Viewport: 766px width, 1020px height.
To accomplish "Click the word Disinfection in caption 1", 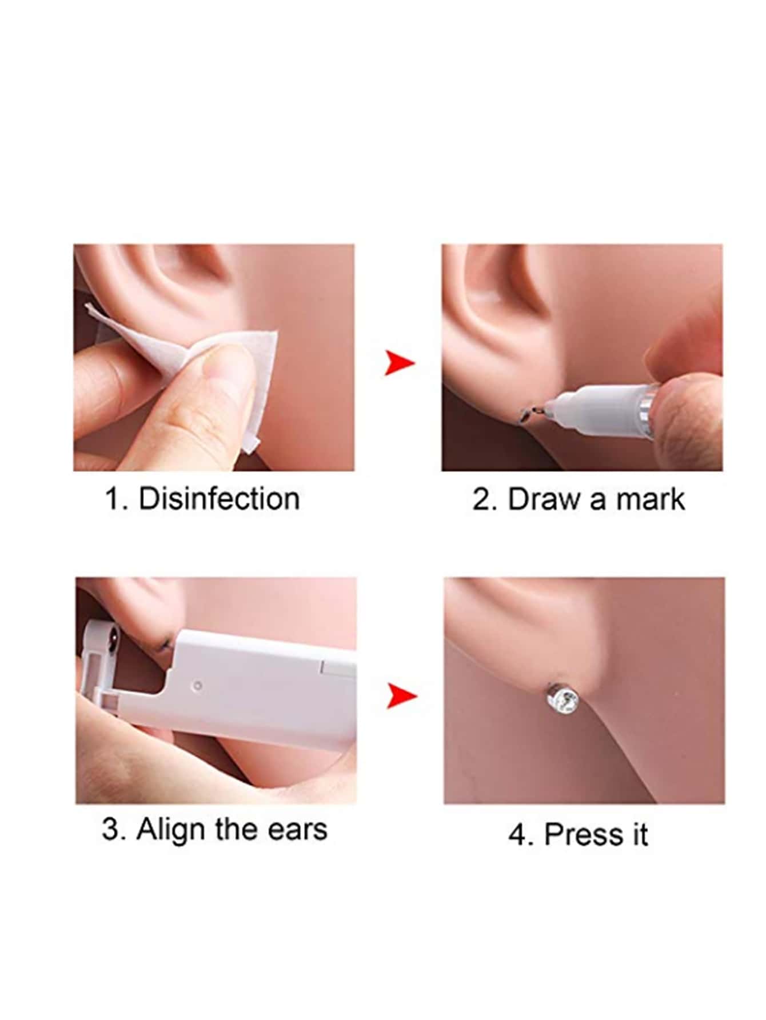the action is point(219,498).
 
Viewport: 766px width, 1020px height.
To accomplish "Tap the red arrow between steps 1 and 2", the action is point(399,363).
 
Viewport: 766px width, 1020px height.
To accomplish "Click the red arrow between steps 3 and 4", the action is point(401,695).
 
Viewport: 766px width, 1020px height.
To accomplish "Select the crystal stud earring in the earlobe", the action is point(560,700).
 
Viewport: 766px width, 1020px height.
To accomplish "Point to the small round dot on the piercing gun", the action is point(198,685).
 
